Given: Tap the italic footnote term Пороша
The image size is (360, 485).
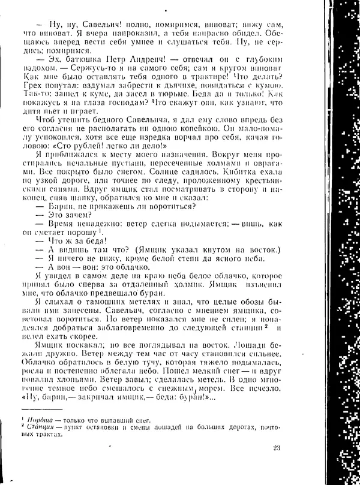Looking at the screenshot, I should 37,419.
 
